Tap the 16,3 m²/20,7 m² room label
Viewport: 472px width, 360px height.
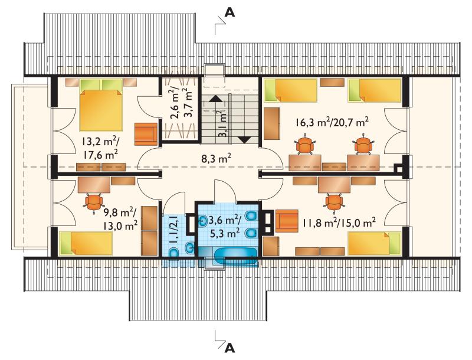click(333, 122)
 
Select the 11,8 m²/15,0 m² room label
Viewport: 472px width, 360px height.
click(339, 223)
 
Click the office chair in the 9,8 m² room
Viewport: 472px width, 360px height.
click(94, 202)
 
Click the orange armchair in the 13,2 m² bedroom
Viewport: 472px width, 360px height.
click(146, 134)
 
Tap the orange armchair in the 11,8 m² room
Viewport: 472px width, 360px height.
click(287, 221)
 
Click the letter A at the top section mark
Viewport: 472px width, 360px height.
click(230, 11)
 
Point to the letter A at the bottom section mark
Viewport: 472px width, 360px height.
click(230, 348)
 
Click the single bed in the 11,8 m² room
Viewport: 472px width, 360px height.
click(375, 243)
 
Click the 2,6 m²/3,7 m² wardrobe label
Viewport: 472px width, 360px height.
click(181, 110)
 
